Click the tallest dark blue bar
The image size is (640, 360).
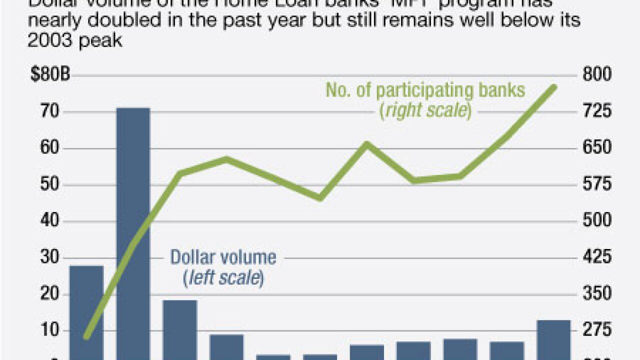point(133,230)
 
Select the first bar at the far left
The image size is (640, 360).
point(86,310)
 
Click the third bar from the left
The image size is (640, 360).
point(180,328)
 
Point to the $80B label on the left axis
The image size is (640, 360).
point(50,75)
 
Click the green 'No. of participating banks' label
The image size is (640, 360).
point(425,90)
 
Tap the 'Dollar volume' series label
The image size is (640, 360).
point(223,257)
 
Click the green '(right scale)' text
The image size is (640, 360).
point(425,110)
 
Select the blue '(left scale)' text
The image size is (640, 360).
point(223,278)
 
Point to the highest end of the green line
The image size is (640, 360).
point(554,87)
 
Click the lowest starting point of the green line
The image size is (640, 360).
point(86,336)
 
